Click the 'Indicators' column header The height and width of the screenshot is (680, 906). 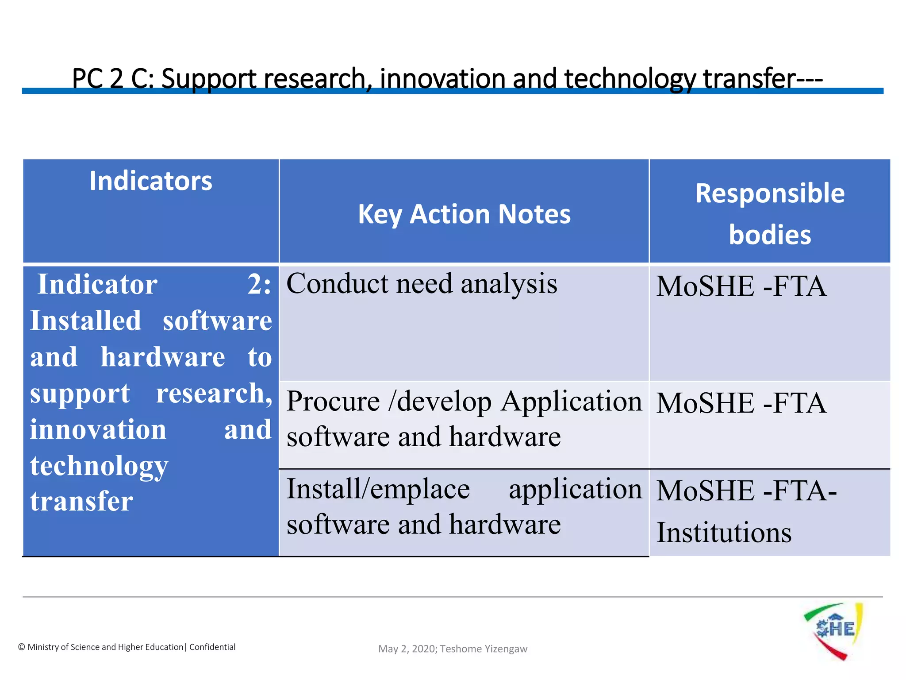[150, 181]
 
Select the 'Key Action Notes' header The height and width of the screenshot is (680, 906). [464, 214]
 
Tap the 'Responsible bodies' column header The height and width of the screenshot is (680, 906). [770, 214]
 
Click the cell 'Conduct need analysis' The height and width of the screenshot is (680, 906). [422, 284]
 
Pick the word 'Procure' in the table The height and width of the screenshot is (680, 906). [333, 402]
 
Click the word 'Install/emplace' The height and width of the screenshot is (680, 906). [378, 489]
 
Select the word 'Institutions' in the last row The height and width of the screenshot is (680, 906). [724, 533]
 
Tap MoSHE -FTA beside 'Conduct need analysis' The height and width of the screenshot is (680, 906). [741, 286]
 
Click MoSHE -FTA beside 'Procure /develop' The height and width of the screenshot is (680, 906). [741, 403]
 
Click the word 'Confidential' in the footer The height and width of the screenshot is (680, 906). [212, 647]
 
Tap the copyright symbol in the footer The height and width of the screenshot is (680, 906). [22, 647]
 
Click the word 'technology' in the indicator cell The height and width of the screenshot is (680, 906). [99, 466]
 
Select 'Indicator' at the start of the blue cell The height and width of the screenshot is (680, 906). [97, 284]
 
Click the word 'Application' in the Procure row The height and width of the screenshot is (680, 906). [571, 402]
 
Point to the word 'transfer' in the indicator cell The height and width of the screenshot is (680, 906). [81, 502]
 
